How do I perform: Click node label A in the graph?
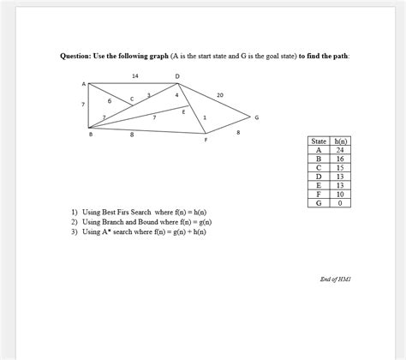pyautogui.click(x=84, y=83)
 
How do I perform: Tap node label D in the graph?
pyautogui.click(x=177, y=76)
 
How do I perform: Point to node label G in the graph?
pyautogui.click(x=257, y=117)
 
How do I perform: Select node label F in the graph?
pyautogui.click(x=206, y=139)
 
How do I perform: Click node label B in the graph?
pyautogui.click(x=90, y=135)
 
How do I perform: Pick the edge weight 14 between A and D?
pyautogui.click(x=135, y=76)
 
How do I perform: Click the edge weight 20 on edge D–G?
pyautogui.click(x=221, y=94)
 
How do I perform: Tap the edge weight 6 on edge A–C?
pyautogui.click(x=110, y=101)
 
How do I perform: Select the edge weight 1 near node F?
pyautogui.click(x=205, y=117)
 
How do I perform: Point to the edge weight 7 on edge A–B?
pyautogui.click(x=83, y=104)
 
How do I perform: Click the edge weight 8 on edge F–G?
pyautogui.click(x=238, y=132)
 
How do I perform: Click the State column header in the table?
pyautogui.click(x=319, y=141)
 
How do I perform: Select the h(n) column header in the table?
pyautogui.click(x=340, y=141)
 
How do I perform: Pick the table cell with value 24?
pyautogui.click(x=340, y=149)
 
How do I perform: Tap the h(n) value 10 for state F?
pyautogui.click(x=340, y=195)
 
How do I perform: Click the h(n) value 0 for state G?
pyautogui.click(x=340, y=203)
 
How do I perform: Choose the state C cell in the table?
pyautogui.click(x=319, y=167)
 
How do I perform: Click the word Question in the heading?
pyautogui.click(x=79, y=56)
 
